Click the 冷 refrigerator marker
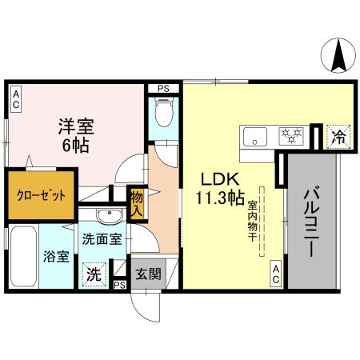tap(338, 137)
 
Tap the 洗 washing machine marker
tap(95, 272)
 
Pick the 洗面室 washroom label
tap(102, 238)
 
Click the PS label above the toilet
tap(163, 87)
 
